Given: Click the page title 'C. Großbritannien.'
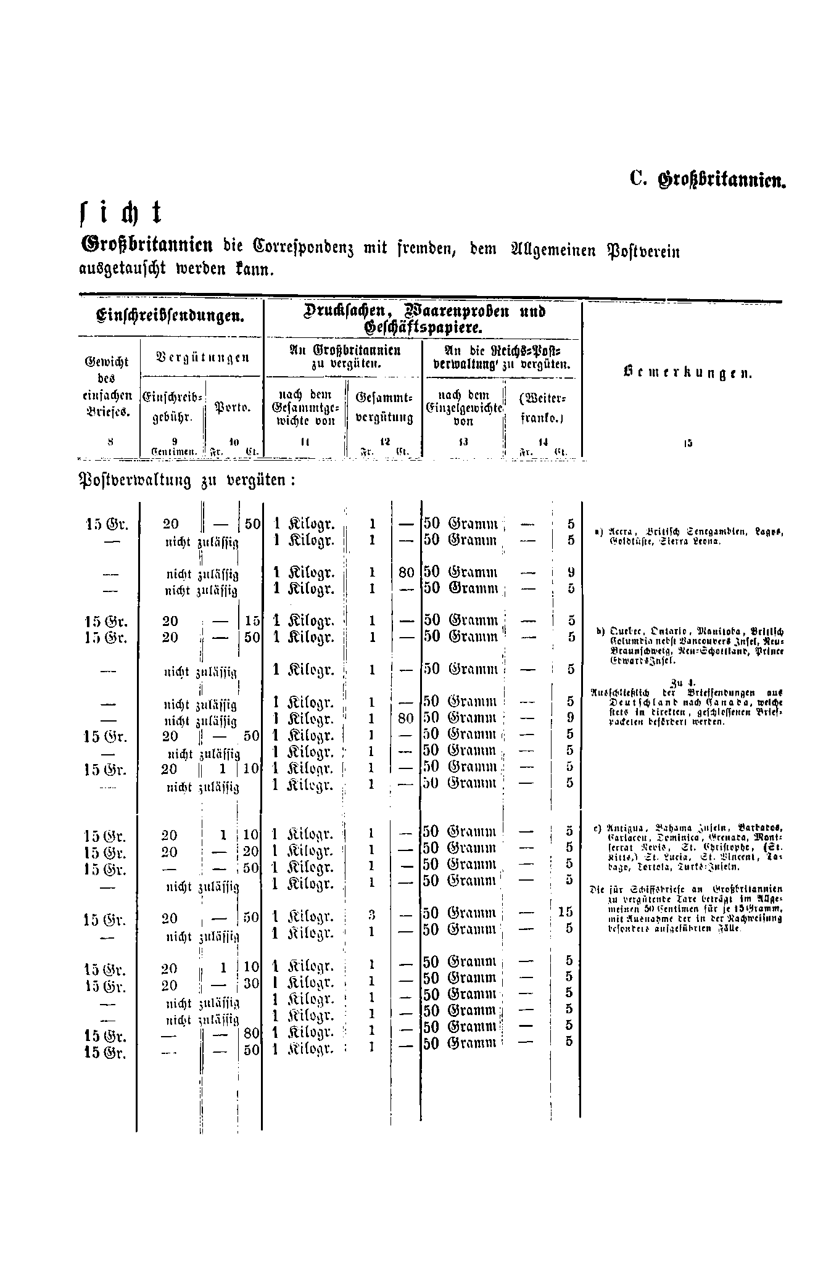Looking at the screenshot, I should [x=707, y=180].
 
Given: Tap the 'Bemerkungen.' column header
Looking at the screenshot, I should [x=688, y=373].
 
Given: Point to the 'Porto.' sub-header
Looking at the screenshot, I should [x=232, y=408].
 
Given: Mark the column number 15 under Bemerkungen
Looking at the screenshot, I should [x=688, y=442].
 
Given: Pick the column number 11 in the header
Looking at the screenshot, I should [x=305, y=442].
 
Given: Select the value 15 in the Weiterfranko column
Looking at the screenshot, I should [x=566, y=911].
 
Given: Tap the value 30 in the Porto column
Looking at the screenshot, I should [x=251, y=984].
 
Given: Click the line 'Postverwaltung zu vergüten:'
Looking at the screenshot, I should [x=187, y=480].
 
